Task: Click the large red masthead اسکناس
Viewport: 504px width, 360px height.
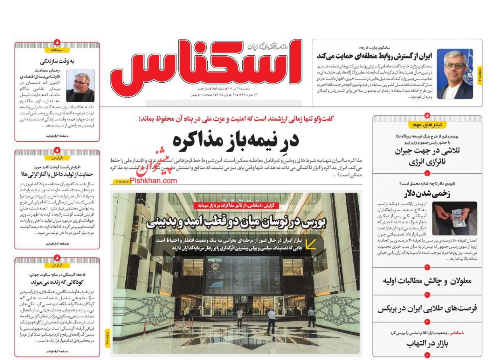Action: tap(206, 65)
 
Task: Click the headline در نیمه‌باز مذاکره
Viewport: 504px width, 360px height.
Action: tap(236, 140)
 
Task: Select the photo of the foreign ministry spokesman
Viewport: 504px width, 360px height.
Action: tap(455, 74)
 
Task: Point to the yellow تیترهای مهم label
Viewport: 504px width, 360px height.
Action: tap(427, 125)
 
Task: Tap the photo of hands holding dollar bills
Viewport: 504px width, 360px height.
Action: tap(454, 218)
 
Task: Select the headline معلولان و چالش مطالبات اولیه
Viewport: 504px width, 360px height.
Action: tap(427, 281)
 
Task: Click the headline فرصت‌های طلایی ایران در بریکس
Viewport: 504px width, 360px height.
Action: tap(427, 309)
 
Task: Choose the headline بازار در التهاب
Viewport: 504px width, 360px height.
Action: tap(427, 344)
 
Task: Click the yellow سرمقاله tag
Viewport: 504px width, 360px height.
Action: tap(57, 50)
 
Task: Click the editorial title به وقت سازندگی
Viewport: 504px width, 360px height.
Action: tap(57, 62)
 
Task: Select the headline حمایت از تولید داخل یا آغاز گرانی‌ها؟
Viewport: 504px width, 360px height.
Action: tap(57, 174)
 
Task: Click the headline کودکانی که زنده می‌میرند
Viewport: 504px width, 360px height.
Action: tap(57, 282)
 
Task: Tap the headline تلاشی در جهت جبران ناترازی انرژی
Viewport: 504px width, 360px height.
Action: tap(427, 156)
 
